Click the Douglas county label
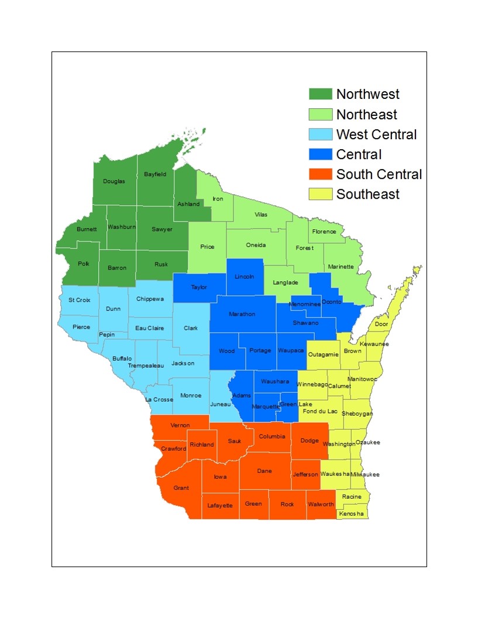tap(114, 181)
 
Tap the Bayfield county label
tap(155, 174)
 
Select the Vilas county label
tap(261, 215)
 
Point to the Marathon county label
tap(242, 314)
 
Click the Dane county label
tap(264, 470)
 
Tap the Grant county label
tap(181, 488)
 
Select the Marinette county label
tap(341, 267)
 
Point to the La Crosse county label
tap(159, 400)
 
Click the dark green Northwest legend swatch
tap(321, 94)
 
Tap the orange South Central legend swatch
tap(321, 174)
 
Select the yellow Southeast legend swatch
tap(321, 194)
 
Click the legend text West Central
tap(376, 134)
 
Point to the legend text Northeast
tap(366, 115)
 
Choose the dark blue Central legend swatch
tap(321, 154)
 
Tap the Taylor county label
tap(199, 287)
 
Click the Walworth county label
tap(321, 505)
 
